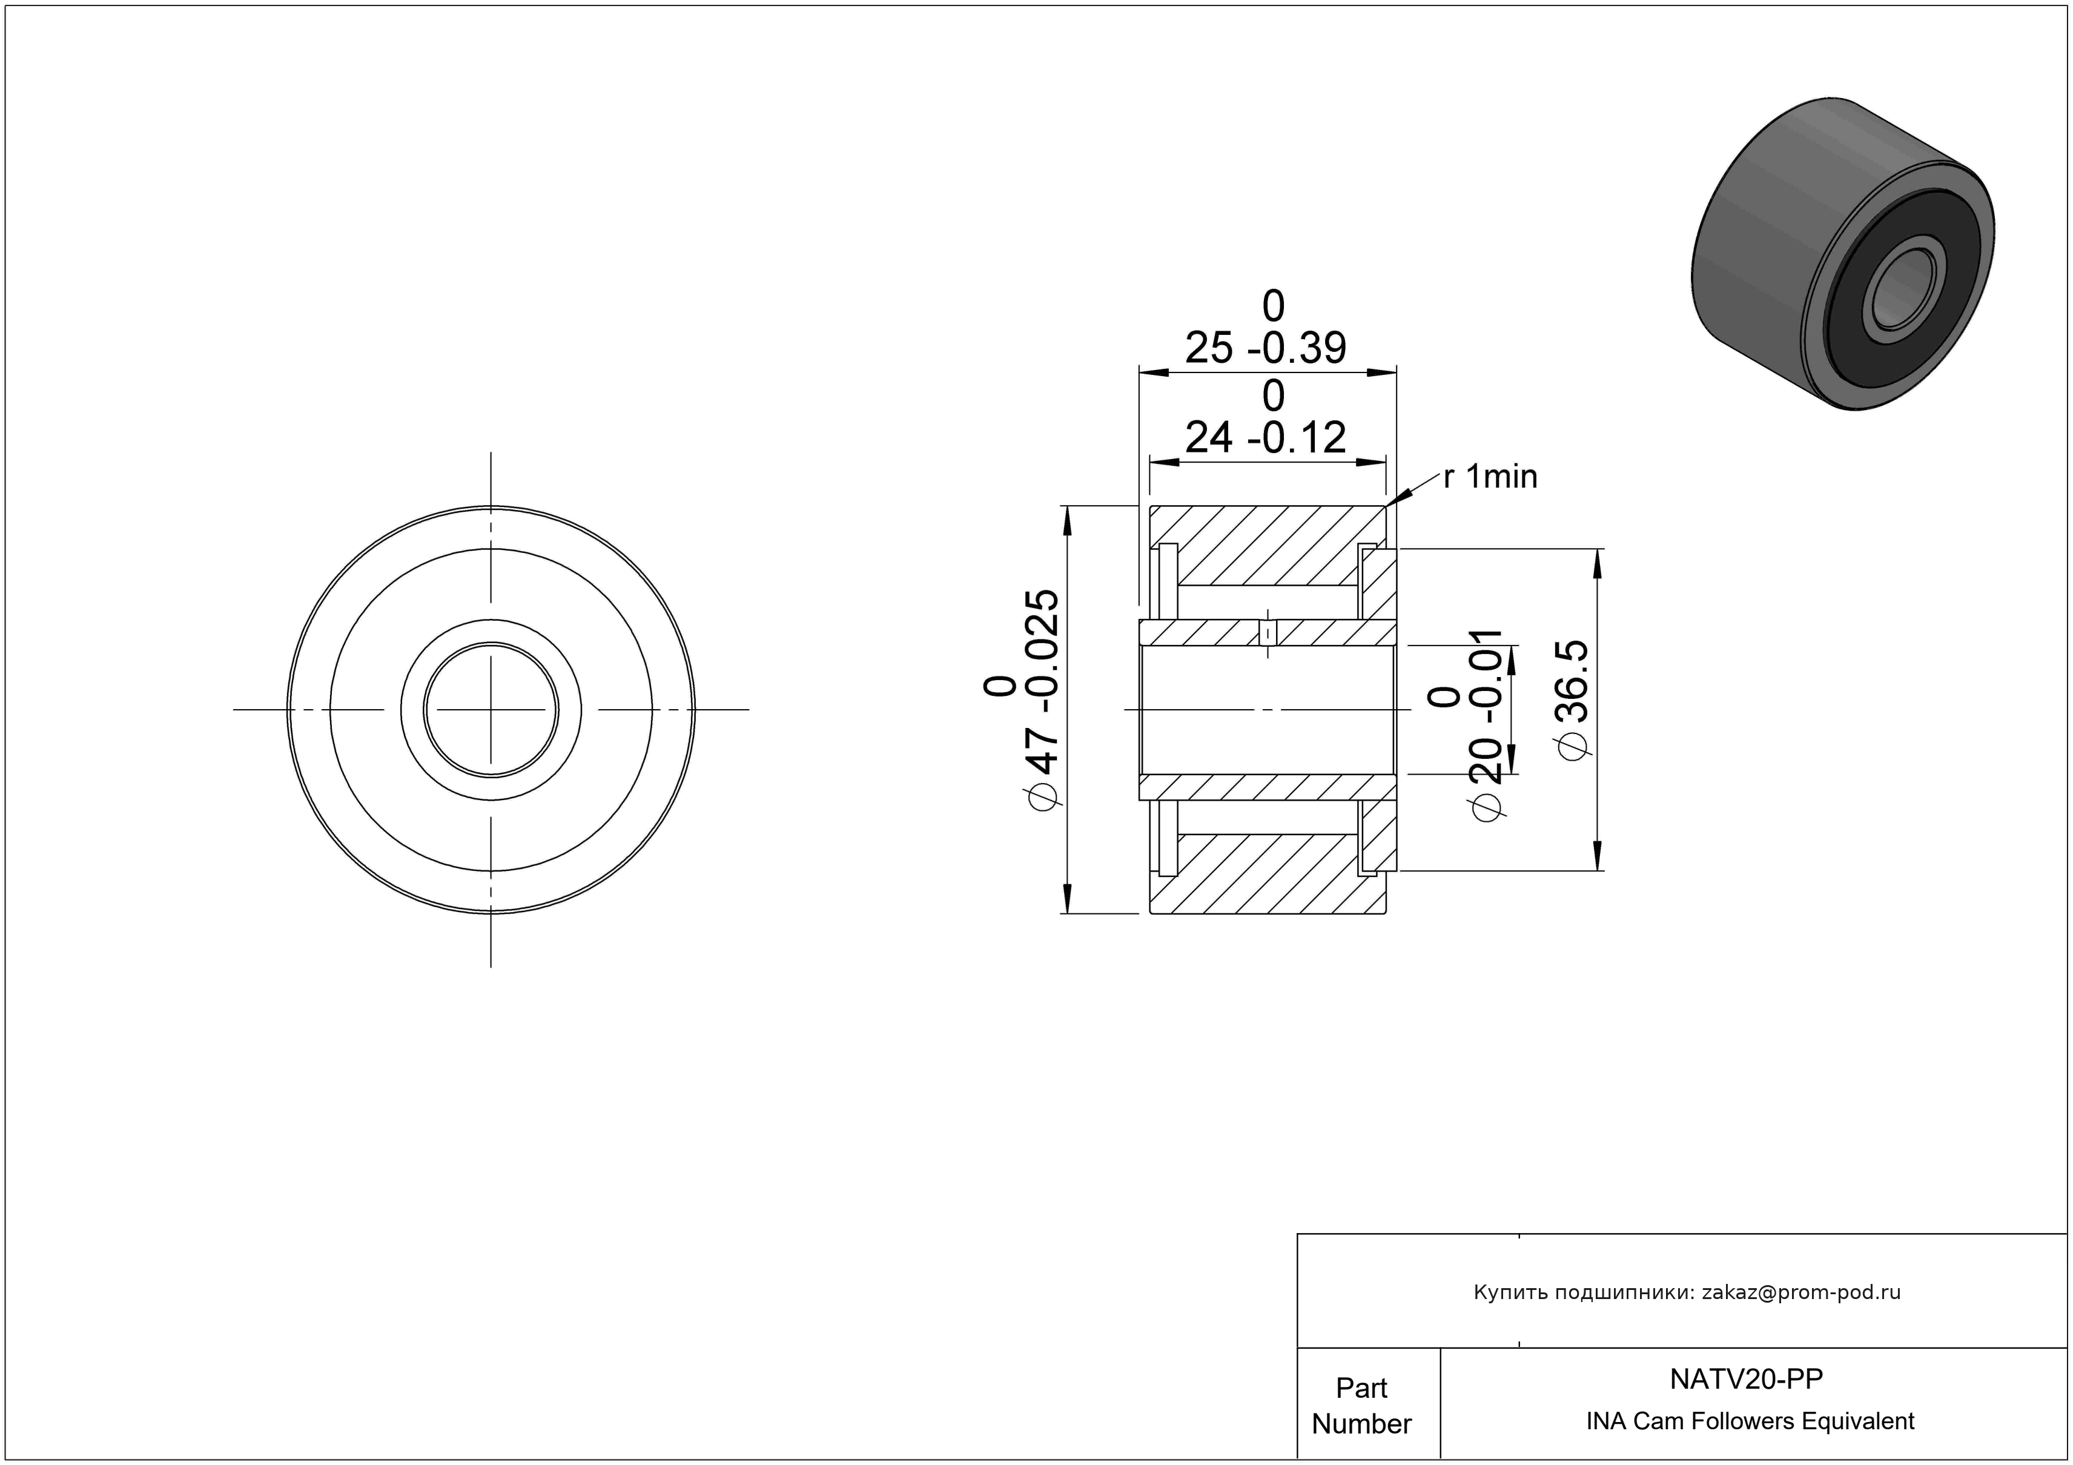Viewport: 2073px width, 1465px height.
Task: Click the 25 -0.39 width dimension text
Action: tap(1266, 348)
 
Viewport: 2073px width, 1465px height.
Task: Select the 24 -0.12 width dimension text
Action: tap(1266, 438)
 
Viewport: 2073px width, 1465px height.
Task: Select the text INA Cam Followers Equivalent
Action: tap(1750, 1421)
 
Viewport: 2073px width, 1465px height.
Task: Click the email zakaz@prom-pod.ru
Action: tap(1801, 1292)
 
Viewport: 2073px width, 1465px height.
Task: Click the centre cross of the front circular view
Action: tap(491, 709)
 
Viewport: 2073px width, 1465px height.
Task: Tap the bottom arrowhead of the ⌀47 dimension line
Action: tap(1066, 898)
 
